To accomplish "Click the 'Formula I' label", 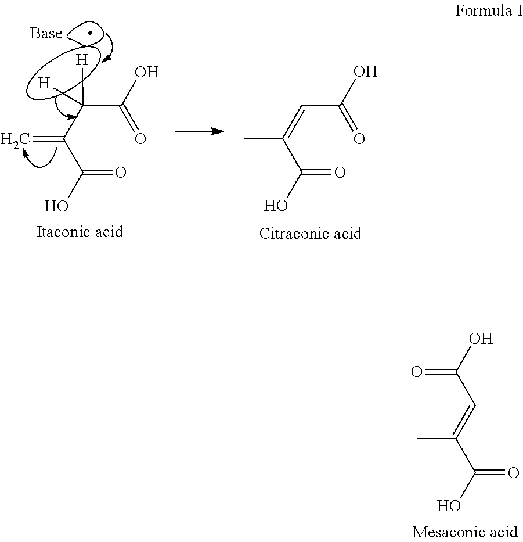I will [489, 11].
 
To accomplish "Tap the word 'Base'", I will [46, 34].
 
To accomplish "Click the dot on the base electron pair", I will [89, 33].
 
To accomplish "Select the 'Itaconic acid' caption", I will [80, 232].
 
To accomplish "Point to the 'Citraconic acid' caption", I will [311, 234].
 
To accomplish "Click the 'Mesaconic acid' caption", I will [465, 532].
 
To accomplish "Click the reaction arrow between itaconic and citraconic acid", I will [199, 132].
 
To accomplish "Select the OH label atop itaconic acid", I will [146, 73].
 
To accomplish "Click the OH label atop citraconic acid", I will [365, 72].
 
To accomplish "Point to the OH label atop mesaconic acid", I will [481, 339].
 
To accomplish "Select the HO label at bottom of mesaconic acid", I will [449, 506].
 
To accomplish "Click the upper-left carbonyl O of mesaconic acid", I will [416, 372].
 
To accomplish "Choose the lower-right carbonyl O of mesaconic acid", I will [513, 473].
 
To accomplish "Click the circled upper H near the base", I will [83, 59].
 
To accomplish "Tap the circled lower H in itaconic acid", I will [44, 84].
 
